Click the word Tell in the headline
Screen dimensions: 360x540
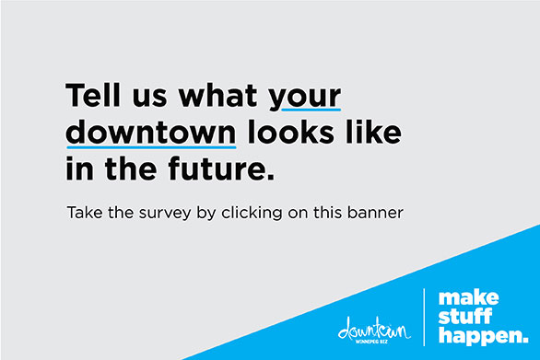tap(89, 96)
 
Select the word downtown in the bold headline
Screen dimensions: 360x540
tap(151, 132)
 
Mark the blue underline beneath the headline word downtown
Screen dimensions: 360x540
tap(151, 145)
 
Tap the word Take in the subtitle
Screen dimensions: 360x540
tap(82, 214)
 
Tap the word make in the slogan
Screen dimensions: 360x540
tap(468, 298)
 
